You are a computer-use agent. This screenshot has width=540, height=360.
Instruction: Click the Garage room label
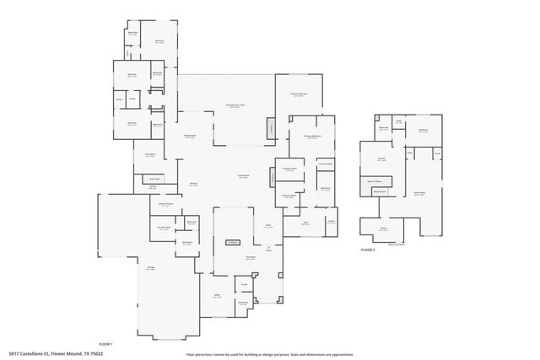151,268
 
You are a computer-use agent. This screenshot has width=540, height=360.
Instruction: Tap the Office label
217,295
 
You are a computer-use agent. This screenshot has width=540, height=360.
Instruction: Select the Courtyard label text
251,257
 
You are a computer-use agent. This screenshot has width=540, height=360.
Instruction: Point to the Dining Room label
190,136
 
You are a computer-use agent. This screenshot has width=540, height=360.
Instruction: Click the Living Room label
242,176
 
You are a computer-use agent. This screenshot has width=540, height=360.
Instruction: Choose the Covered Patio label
233,105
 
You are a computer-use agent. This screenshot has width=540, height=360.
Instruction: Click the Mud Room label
187,242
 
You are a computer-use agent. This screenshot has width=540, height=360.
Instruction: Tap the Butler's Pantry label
166,204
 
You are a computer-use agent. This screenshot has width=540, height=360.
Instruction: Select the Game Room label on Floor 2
418,193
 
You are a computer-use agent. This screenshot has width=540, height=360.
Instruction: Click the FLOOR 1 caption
105,344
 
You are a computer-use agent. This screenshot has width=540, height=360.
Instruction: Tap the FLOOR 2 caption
367,250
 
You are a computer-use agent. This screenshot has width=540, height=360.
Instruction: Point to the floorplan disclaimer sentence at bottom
270,353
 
